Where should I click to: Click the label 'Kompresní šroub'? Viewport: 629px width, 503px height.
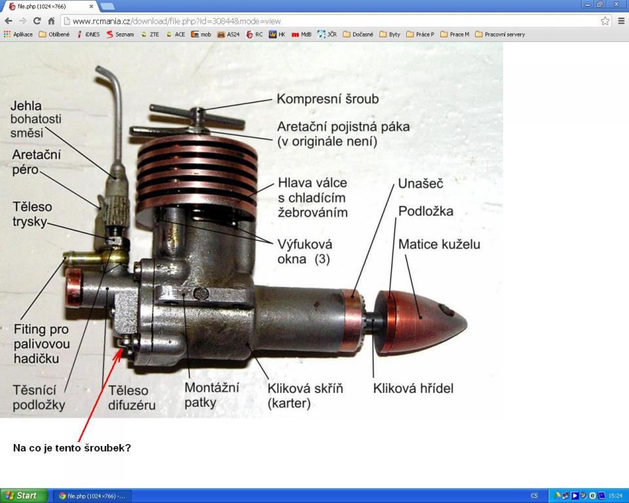click(x=328, y=99)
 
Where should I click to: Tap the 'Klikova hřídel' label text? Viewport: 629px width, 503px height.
click(x=413, y=388)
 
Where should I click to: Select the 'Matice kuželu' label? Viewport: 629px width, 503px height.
click(x=439, y=244)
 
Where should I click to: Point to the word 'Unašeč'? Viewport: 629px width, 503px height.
click(x=421, y=183)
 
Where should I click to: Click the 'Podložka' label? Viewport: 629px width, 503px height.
click(x=426, y=211)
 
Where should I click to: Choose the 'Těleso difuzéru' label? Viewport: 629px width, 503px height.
click(x=132, y=398)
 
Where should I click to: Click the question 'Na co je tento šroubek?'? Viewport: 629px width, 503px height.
click(x=72, y=447)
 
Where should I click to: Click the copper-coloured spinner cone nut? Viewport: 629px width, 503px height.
click(x=421, y=322)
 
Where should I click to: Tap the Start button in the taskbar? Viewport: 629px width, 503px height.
click(x=24, y=496)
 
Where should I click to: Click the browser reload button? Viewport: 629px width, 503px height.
click(x=37, y=21)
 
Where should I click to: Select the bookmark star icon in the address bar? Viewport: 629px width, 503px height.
click(x=605, y=21)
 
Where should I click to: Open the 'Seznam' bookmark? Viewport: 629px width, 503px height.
click(x=120, y=35)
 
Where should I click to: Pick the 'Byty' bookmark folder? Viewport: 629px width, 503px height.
click(x=390, y=35)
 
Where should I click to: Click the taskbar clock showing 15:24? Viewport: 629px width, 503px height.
click(x=615, y=496)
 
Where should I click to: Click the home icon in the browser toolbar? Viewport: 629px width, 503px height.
click(x=51, y=21)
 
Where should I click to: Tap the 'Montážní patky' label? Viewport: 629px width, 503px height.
click(x=212, y=395)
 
